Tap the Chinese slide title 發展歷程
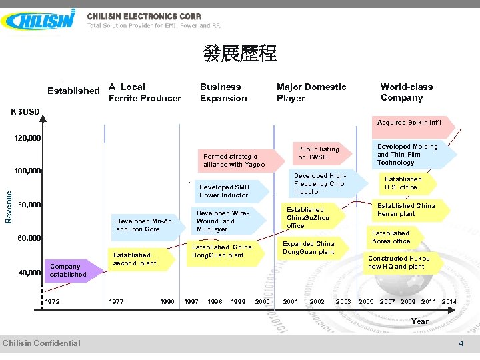tap(240, 54)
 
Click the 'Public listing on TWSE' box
tap(318, 153)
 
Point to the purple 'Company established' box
tap(68, 270)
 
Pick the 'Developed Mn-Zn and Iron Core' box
tap(144, 225)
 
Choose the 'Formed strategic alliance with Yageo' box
tap(234, 160)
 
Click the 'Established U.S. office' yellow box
tap(403, 183)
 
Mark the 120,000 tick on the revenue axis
tap(27, 139)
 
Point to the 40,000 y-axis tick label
tap(29, 272)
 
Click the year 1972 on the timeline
tap(52, 302)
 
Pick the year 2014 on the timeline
tap(449, 302)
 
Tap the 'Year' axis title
tap(420, 321)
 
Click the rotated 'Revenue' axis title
tap(9, 205)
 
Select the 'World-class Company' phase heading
tap(406, 92)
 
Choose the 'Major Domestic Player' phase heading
tap(311, 92)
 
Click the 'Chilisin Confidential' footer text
tap(41, 343)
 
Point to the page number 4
tap(461, 343)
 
